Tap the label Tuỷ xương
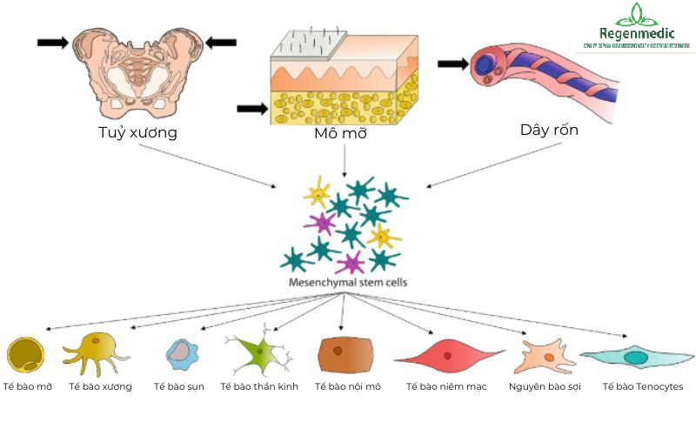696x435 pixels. (x=137, y=133)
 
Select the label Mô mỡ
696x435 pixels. (x=344, y=136)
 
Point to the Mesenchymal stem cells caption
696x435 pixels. (x=347, y=283)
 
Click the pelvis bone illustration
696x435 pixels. (x=137, y=70)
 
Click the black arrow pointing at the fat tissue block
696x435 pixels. (x=252, y=108)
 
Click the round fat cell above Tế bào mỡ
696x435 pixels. (x=25, y=354)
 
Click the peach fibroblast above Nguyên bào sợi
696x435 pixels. (x=545, y=357)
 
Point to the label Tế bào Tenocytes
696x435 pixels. (x=643, y=386)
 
